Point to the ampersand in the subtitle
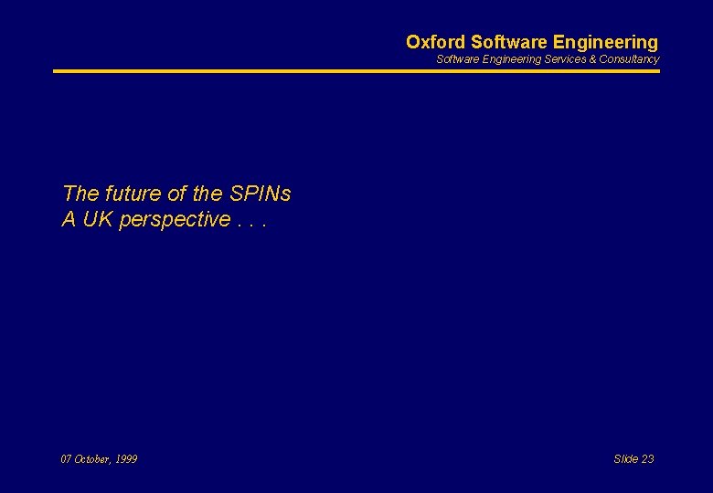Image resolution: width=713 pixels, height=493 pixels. (592, 59)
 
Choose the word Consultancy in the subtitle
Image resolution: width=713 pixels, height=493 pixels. (629, 59)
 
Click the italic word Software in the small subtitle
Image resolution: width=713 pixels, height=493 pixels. (457, 59)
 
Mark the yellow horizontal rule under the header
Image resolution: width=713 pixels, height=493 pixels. (356, 71)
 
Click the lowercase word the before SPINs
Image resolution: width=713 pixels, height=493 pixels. (208, 194)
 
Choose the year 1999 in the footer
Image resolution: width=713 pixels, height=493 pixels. (127, 459)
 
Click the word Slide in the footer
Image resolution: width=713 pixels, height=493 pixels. (626, 459)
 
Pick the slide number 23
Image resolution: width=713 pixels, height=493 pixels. (648, 459)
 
